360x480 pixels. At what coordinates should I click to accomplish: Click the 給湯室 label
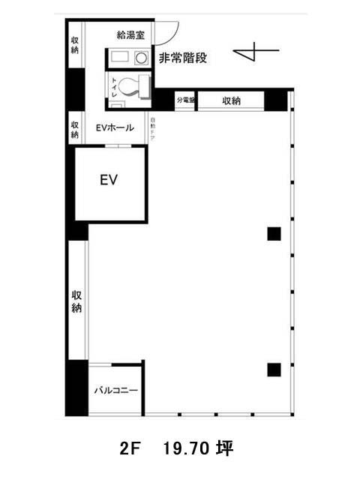coord(135,34)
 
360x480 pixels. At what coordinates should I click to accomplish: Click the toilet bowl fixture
coord(133,85)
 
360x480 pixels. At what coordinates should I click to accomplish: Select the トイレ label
coord(114,86)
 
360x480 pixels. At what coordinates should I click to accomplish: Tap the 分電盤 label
coord(186,100)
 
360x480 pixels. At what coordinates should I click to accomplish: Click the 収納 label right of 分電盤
coord(231,100)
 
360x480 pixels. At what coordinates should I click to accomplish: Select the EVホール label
coord(114,128)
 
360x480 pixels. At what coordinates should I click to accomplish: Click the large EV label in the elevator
coord(109,180)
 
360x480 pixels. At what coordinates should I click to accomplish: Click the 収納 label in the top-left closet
coord(75,45)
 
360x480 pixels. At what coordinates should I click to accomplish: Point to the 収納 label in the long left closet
coord(76,301)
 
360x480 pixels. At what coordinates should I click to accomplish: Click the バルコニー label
coord(115,390)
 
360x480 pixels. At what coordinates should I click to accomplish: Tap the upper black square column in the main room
coord(274,233)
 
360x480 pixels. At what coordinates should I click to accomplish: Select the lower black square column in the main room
coord(274,368)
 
